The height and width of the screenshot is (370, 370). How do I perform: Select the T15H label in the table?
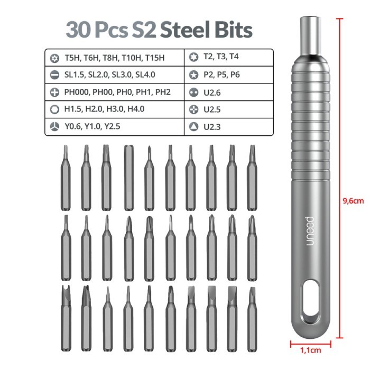(x=154, y=58)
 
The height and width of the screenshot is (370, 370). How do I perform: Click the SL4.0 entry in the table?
(x=145, y=75)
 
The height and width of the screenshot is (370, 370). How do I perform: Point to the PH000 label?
(x=77, y=92)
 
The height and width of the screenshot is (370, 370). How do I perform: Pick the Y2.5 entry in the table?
(x=112, y=126)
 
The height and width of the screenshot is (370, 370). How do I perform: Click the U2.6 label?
(x=212, y=92)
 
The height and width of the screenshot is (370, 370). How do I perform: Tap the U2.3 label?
(x=212, y=127)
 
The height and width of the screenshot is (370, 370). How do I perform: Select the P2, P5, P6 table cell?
(x=221, y=75)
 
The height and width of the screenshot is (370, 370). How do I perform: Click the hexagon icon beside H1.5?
(x=54, y=109)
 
